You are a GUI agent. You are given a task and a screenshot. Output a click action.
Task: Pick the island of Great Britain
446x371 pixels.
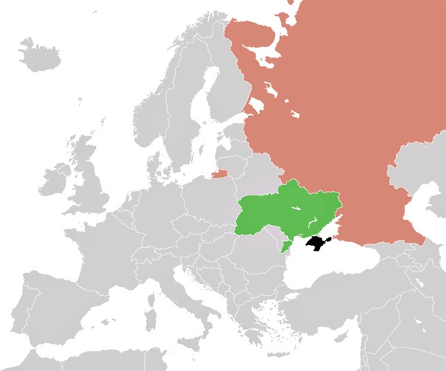[x=89, y=177]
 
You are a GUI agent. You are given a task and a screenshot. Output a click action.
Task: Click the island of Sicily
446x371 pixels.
[x=193, y=322]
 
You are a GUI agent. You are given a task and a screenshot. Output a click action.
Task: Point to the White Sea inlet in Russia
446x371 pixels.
[x=262, y=44]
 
